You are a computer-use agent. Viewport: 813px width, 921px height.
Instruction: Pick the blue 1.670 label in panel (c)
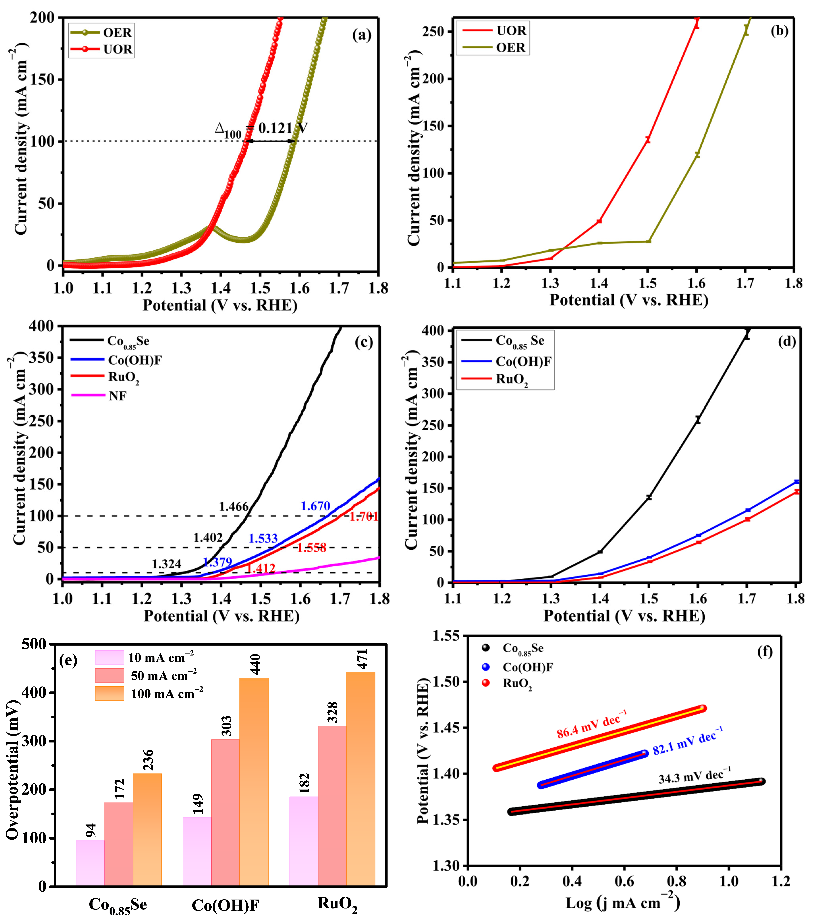[315, 506]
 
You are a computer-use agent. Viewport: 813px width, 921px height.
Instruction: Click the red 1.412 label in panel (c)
[260, 568]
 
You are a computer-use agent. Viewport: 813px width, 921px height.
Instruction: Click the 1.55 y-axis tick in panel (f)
[446, 636]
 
